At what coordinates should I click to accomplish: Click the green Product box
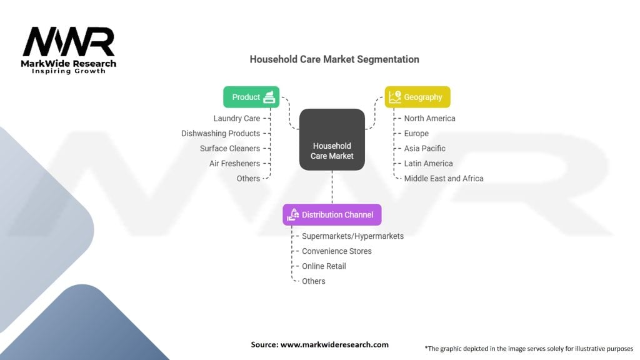click(x=251, y=97)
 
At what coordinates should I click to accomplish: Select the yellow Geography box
click(x=417, y=97)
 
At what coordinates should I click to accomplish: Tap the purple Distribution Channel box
click(x=332, y=215)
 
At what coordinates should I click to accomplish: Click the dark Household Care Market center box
click(x=332, y=139)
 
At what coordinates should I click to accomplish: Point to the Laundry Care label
click(x=237, y=118)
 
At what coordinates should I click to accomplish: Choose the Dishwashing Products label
click(x=221, y=134)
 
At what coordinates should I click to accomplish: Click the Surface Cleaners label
click(x=230, y=149)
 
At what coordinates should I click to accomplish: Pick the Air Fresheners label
click(x=235, y=164)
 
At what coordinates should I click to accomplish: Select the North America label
click(x=429, y=118)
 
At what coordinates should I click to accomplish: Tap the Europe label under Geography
click(x=416, y=134)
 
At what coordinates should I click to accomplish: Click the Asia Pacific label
click(x=424, y=149)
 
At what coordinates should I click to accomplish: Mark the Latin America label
click(x=428, y=164)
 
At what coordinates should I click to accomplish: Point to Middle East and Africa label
click(x=444, y=178)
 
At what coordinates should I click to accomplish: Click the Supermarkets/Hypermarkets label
click(x=352, y=236)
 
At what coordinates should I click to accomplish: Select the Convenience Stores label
click(x=337, y=251)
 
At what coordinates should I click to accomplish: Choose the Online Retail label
click(x=324, y=266)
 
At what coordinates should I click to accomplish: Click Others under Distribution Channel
click(x=314, y=281)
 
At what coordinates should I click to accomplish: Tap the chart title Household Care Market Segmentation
click(x=334, y=59)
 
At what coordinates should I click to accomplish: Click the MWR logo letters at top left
click(x=69, y=41)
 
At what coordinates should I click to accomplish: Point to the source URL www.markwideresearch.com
click(x=334, y=344)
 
